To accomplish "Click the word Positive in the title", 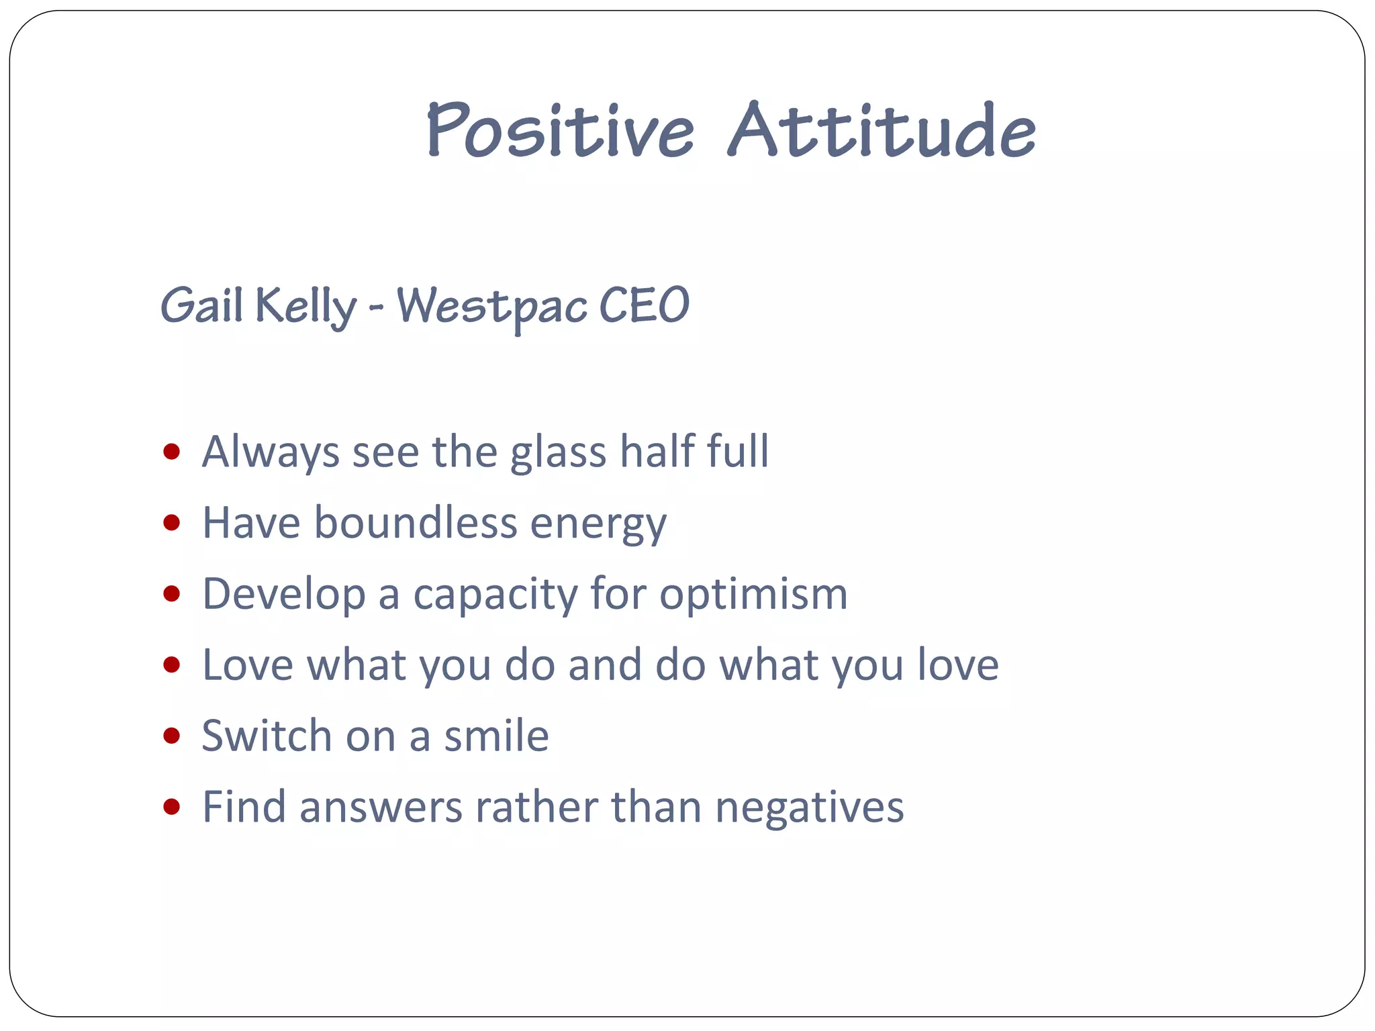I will tap(561, 131).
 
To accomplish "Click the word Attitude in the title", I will tap(882, 131).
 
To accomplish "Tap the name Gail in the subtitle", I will tap(201, 306).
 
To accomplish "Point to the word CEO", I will tap(644, 306).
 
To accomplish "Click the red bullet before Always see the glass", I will tap(172, 451).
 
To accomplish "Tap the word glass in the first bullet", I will tap(558, 452).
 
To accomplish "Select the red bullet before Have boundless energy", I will tap(172, 522).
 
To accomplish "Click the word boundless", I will tap(416, 522).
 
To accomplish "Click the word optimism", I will tap(753, 595).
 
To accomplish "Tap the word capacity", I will tap(495, 595).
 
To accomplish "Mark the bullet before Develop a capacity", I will tap(172, 593).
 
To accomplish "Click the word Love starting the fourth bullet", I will tap(248, 665).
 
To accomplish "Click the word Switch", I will tap(267, 736).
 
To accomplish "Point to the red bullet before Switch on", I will tap(172, 736).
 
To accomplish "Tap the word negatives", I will tap(809, 807).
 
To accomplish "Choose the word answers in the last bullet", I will tap(381, 807).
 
